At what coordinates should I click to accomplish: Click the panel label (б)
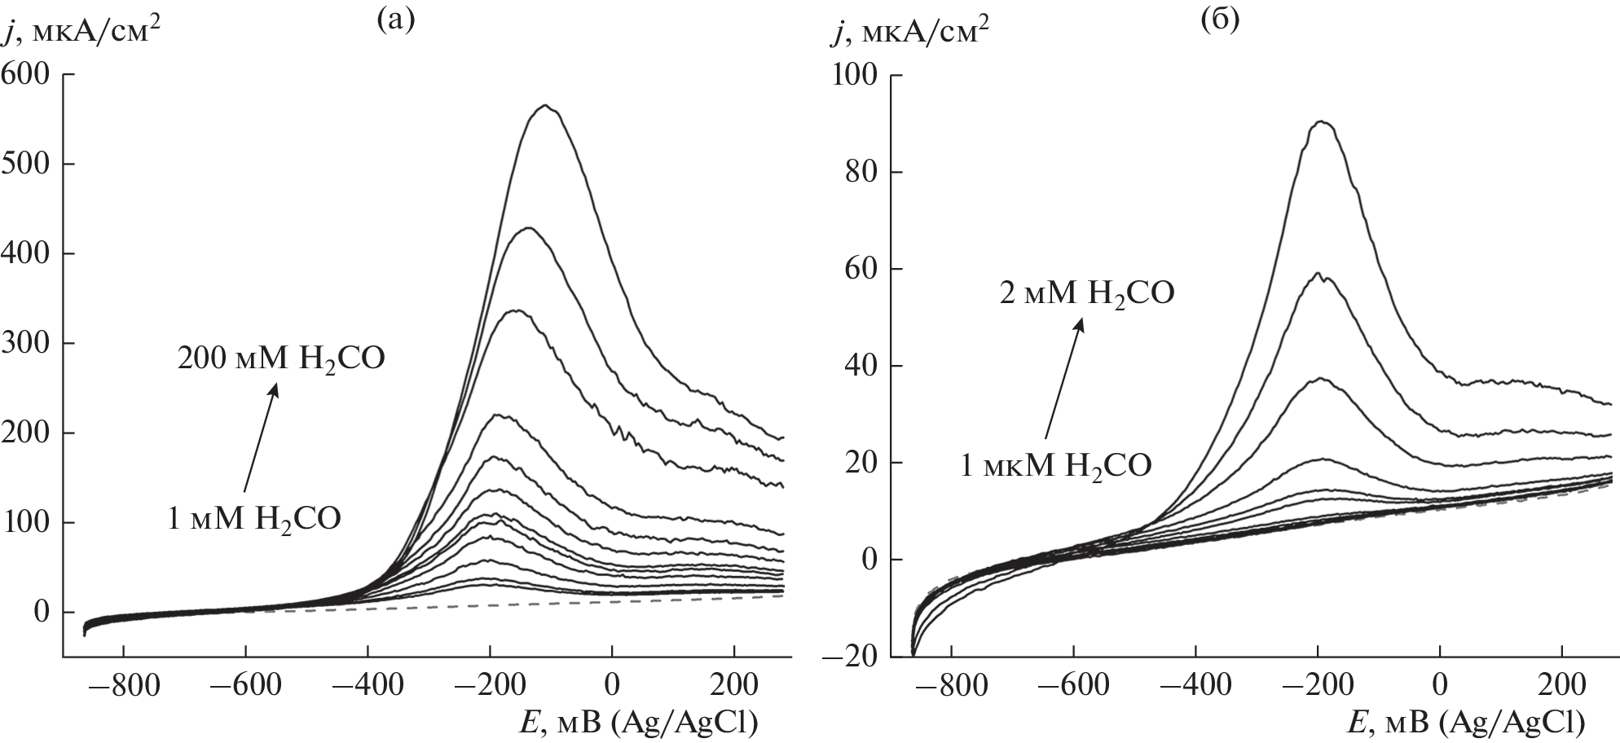point(1220,20)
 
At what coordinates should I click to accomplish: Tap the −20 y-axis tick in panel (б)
point(852,657)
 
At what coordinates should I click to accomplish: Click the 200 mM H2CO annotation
point(281,358)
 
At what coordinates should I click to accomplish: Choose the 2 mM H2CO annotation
point(1087,292)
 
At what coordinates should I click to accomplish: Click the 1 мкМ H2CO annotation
point(1056,465)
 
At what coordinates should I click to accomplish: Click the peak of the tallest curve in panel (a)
point(545,105)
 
